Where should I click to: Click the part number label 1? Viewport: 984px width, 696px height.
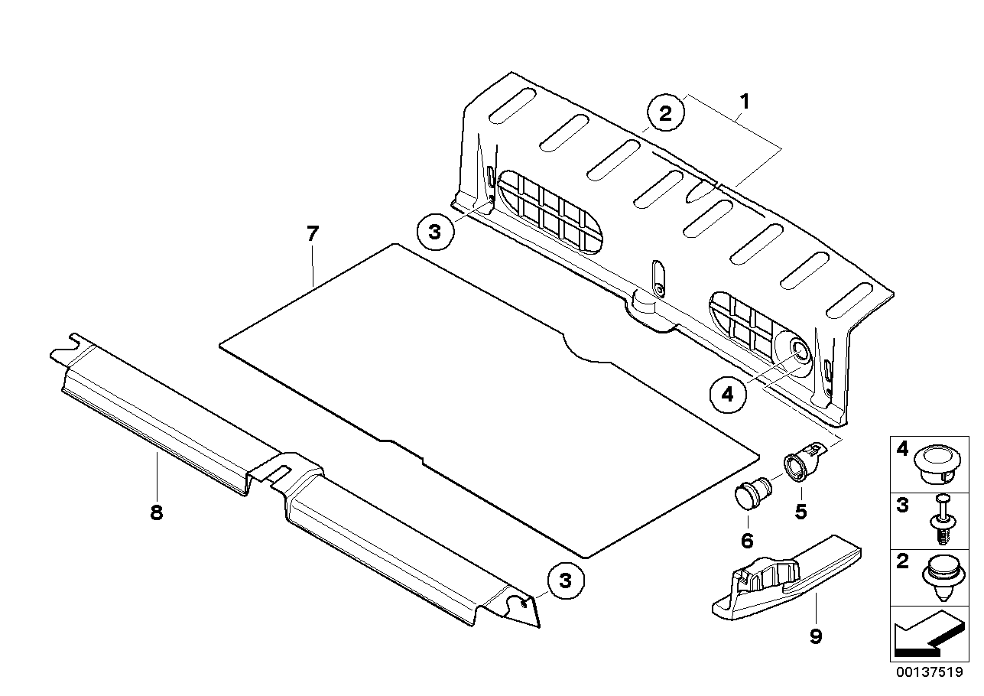pyautogui.click(x=744, y=102)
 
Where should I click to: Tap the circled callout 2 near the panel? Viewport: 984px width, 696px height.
pyautogui.click(x=665, y=113)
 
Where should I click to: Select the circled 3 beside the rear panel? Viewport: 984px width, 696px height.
pyautogui.click(x=434, y=232)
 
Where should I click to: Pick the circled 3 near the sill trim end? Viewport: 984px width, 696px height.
pyautogui.click(x=565, y=581)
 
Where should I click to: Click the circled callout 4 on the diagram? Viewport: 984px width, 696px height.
pyautogui.click(x=728, y=394)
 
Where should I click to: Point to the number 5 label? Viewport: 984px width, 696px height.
pyautogui.click(x=801, y=512)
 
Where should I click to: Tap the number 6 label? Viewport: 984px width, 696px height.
pyautogui.click(x=747, y=541)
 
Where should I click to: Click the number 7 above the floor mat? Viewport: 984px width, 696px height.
pyautogui.click(x=313, y=234)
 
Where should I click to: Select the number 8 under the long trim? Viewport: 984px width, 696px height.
pyautogui.click(x=157, y=512)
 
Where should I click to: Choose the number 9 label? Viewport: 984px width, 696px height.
pyautogui.click(x=816, y=636)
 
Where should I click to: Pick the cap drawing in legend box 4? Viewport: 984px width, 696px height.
pyautogui.click(x=937, y=465)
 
